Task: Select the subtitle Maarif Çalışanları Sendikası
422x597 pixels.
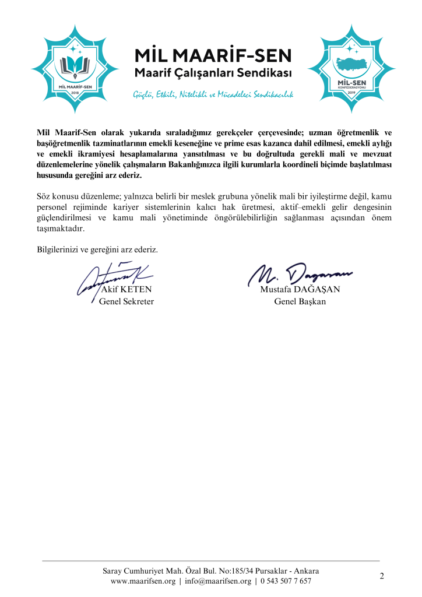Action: pyautogui.click(x=213, y=73)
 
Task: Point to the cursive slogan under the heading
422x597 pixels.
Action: pyautogui.click(x=213, y=94)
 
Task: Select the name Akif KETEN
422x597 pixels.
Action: pyautogui.click(x=126, y=289)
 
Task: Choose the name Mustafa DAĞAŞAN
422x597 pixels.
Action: pyautogui.click(x=300, y=289)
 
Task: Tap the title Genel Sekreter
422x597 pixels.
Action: pyautogui.click(x=126, y=301)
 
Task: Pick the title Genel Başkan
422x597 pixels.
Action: pyautogui.click(x=300, y=301)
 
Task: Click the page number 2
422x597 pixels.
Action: pyautogui.click(x=381, y=577)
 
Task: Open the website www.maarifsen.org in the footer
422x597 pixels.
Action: pyautogui.click(x=143, y=581)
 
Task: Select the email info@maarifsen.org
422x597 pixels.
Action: pyautogui.click(x=218, y=581)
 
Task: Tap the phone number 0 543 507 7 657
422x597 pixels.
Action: pyautogui.click(x=286, y=581)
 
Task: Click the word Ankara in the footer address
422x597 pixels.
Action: pyautogui.click(x=305, y=570)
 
